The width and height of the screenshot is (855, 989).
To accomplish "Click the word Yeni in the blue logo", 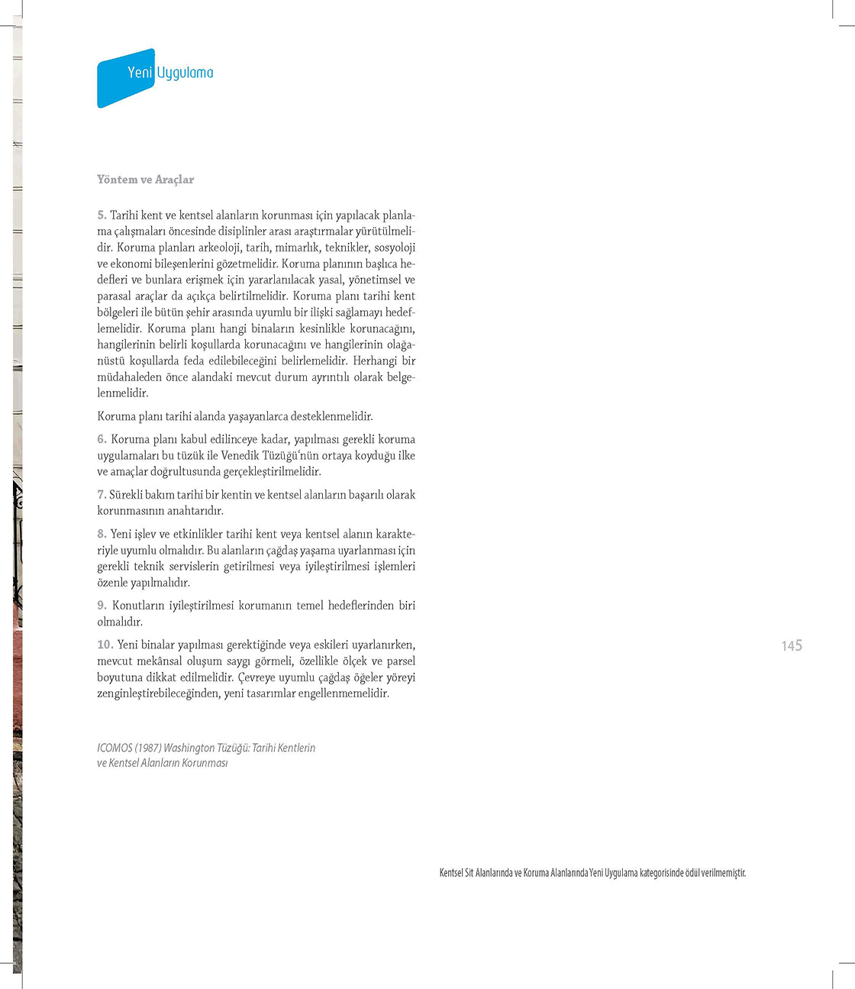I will click(140, 73).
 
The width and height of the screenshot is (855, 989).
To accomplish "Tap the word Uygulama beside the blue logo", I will click(185, 73).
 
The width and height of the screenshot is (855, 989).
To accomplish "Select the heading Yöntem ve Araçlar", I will click(146, 179).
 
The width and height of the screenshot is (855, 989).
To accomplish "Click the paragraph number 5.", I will click(102, 215).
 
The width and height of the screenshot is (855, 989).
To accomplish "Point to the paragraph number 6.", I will click(102, 439).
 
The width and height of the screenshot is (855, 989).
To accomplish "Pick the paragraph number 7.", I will click(102, 495).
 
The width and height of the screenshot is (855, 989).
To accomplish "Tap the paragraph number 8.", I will click(102, 534).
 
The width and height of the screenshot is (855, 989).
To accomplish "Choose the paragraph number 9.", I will click(102, 606).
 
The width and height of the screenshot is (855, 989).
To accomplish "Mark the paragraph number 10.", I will click(105, 645).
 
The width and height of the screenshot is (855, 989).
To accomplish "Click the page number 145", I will click(792, 646).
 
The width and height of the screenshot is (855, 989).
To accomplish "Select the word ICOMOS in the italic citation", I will click(115, 748).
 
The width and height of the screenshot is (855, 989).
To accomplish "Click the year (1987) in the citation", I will click(148, 748).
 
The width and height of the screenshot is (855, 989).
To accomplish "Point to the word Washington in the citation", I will click(189, 748).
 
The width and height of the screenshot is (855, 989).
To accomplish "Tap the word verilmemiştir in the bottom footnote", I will click(723, 873).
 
